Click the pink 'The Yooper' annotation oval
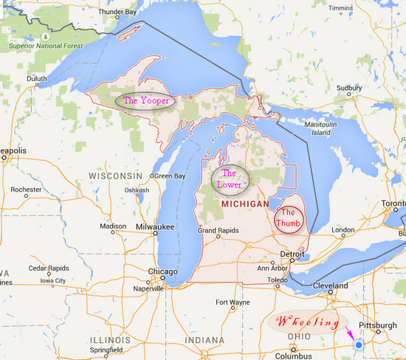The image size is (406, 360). pos(145,100)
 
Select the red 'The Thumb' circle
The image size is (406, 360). pos(289,218)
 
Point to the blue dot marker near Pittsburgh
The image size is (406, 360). pos(359,344)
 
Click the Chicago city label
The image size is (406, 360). pos(162,271)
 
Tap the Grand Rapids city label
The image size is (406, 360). pos(218,230)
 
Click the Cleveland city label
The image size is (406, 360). pos(329,285)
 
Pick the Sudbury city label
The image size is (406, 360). pos(349,88)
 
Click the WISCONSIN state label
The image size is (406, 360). pos(114,176)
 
